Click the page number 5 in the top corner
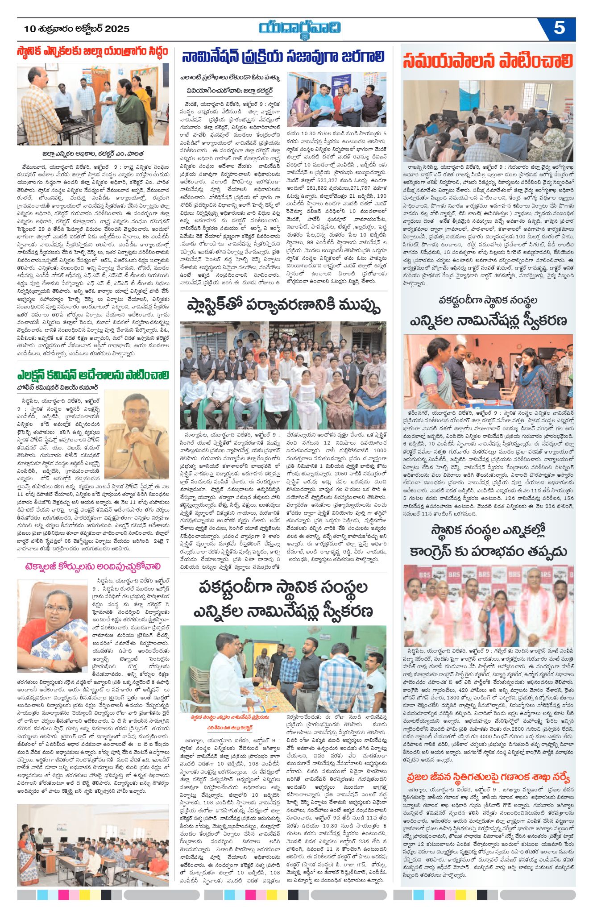559,29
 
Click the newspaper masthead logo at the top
300,29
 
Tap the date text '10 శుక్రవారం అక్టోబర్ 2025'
77,29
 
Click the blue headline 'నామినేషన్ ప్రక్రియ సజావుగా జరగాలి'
283,57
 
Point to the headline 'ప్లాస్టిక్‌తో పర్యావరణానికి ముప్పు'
283,306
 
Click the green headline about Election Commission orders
93,374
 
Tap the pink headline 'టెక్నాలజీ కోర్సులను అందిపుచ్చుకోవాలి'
93,567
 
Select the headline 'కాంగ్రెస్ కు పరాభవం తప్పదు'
488,551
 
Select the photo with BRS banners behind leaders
488,605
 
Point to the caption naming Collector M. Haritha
93,154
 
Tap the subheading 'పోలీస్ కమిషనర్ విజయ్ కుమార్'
58,387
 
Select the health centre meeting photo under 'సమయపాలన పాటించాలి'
488,121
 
